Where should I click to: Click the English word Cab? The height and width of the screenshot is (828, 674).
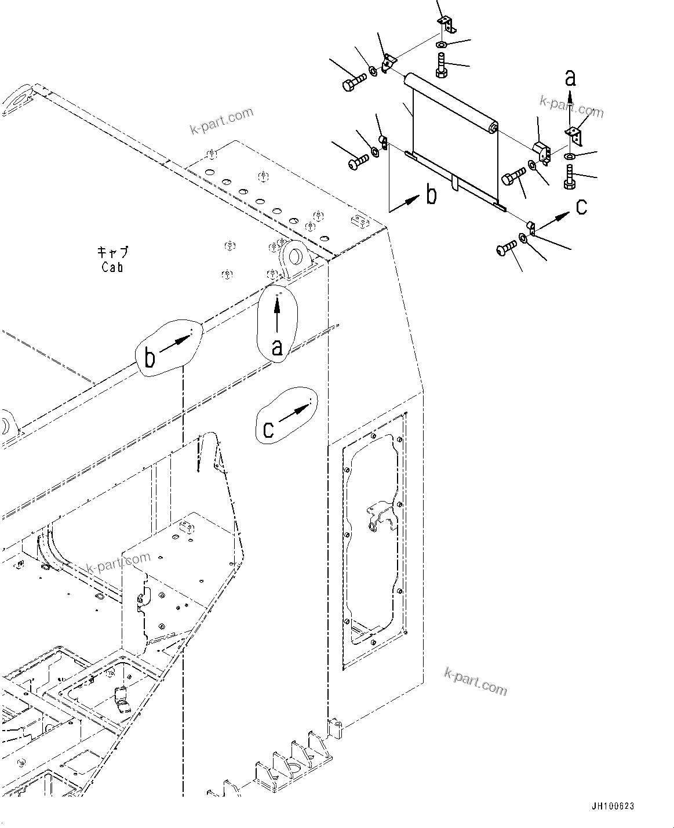pyautogui.click(x=112, y=267)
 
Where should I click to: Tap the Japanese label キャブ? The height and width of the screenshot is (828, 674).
pyautogui.click(x=112, y=253)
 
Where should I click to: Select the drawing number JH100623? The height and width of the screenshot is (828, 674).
pyautogui.click(x=613, y=807)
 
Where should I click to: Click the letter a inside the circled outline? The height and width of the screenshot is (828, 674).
pyautogui.click(x=277, y=347)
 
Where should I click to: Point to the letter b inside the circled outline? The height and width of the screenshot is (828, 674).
pyautogui.click(x=150, y=358)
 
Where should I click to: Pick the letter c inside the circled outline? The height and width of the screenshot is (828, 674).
pyautogui.click(x=268, y=429)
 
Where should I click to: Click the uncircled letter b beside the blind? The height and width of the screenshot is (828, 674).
pyautogui.click(x=431, y=195)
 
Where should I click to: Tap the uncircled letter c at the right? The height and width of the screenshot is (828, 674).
pyautogui.click(x=581, y=206)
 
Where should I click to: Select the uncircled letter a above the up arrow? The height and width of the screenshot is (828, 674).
pyautogui.click(x=571, y=77)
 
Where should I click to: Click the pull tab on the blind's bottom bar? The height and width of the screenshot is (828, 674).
pyautogui.click(x=455, y=183)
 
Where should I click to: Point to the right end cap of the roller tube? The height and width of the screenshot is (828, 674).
pyautogui.click(x=493, y=128)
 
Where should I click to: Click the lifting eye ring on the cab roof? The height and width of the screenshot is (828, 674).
pyautogui.click(x=295, y=255)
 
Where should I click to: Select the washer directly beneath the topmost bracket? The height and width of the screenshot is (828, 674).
pyautogui.click(x=442, y=45)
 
